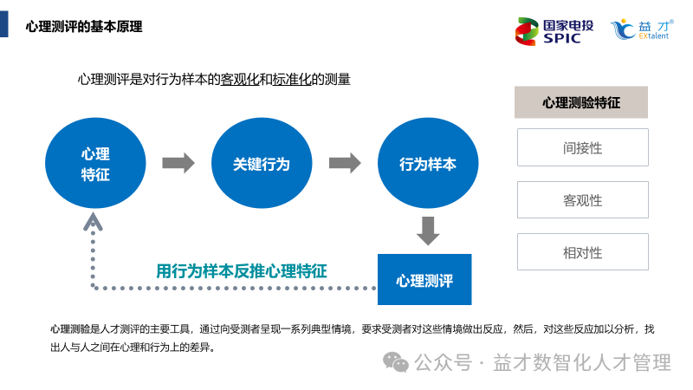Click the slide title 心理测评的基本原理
84,26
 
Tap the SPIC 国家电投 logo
554,30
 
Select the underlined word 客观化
240,80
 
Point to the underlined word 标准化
292,80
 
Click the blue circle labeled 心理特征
95,164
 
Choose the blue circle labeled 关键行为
261,164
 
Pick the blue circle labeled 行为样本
427,164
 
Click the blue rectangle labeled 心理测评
424,280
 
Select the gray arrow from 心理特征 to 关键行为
178,163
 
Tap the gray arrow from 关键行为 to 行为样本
344,163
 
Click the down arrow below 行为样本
428,231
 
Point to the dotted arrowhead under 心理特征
93,223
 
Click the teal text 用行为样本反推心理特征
242,270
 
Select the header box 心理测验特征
581,102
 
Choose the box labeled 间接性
582,147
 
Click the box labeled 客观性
582,200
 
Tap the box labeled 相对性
582,252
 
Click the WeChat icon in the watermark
398,361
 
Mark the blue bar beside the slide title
4,26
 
